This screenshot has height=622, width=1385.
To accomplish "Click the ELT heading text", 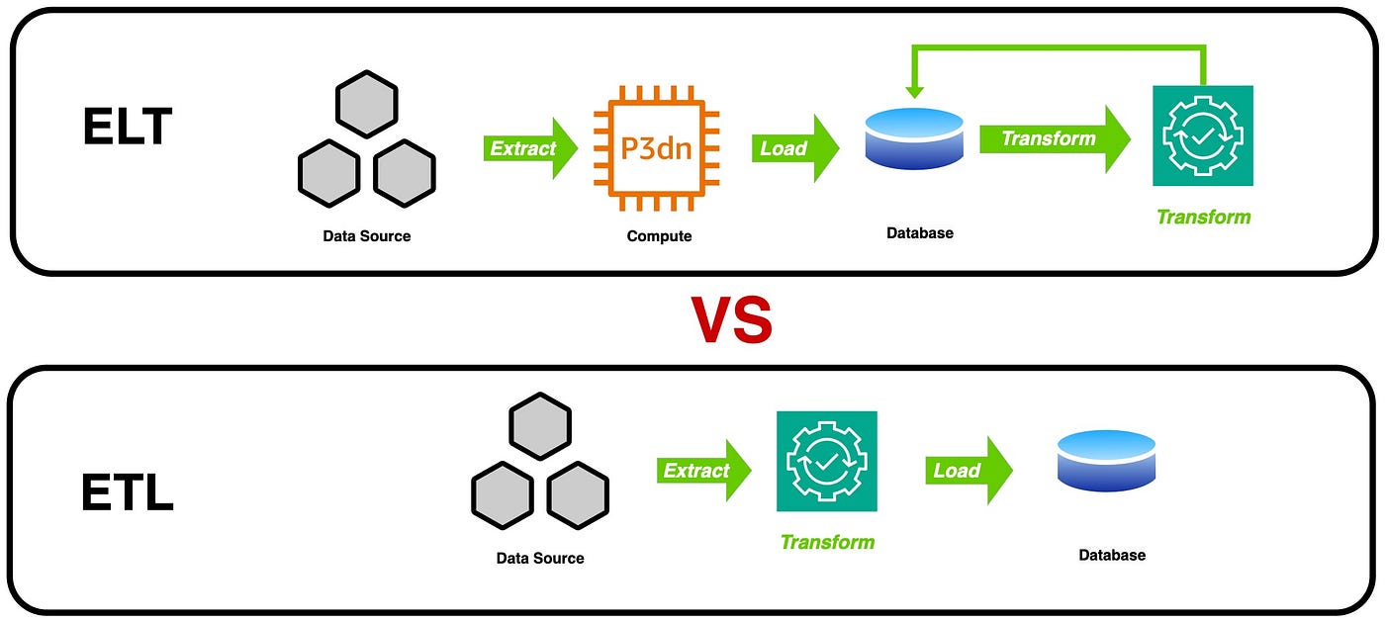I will (128, 128).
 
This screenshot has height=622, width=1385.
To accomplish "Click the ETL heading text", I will (128, 490).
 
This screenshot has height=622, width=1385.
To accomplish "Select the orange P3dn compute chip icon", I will (657, 148).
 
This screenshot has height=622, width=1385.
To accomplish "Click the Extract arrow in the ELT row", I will (530, 148).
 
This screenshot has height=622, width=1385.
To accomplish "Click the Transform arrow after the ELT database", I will (1055, 138).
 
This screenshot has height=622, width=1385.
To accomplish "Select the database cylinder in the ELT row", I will (913, 138).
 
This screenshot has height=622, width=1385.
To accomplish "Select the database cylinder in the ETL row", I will (1106, 461).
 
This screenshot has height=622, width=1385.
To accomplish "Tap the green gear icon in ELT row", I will (1202, 135).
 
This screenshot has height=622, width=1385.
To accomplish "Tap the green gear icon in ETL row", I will (826, 461).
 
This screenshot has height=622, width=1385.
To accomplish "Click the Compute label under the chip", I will (659, 236).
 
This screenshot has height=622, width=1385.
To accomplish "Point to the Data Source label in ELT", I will (366, 236).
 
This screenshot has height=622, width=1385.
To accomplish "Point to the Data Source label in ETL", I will (539, 558).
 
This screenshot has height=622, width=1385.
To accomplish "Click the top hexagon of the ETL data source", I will (539, 426).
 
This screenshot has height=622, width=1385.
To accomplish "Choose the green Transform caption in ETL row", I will (827, 542).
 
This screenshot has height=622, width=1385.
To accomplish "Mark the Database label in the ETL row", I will (1111, 555).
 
